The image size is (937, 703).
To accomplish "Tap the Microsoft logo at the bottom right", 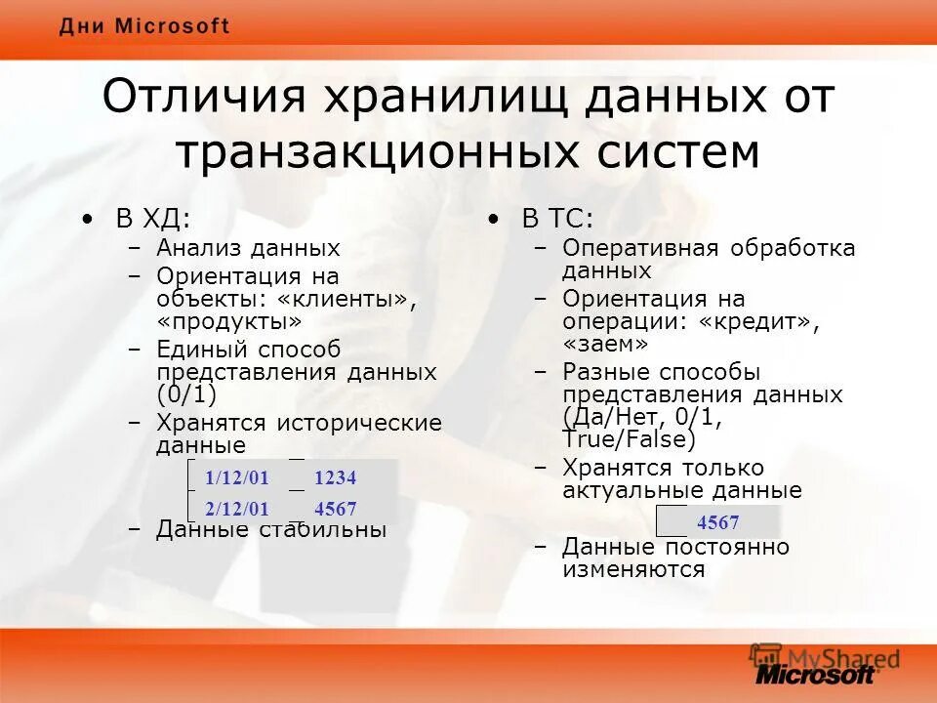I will (x=816, y=673).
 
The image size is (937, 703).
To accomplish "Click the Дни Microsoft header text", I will (x=144, y=26).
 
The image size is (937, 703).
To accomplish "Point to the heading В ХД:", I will (x=153, y=219).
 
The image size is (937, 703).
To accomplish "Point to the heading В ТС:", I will (x=557, y=219).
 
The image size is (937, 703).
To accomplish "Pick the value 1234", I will (x=336, y=478).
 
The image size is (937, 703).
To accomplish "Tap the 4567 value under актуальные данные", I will (x=717, y=522).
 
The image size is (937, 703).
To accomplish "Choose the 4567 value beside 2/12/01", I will (x=336, y=509).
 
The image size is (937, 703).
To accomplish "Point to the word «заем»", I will (x=604, y=344).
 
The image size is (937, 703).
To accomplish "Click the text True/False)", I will (x=629, y=440).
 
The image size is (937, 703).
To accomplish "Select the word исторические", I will (x=359, y=423).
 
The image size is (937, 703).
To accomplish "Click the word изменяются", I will (x=632, y=570).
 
